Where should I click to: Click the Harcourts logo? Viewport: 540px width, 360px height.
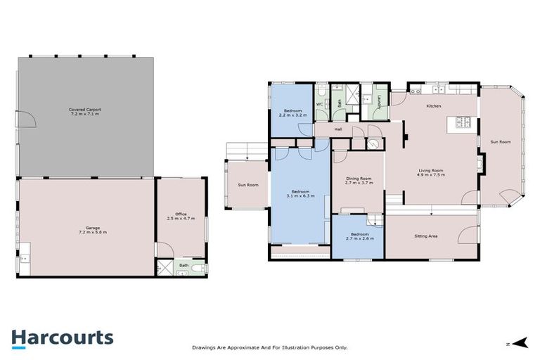(62, 337)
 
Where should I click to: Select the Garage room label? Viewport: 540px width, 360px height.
(92, 229)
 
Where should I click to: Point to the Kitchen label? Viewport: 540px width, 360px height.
(434, 106)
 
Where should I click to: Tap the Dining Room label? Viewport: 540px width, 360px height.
(359, 181)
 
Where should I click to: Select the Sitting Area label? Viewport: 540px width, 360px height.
(426, 236)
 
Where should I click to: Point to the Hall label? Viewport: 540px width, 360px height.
(338, 129)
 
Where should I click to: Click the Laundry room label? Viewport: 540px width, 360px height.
(379, 103)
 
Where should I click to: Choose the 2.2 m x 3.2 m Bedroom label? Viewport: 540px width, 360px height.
(292, 113)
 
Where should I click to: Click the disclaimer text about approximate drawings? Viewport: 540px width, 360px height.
(269, 347)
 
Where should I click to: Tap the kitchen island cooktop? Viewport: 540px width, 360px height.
(464, 124)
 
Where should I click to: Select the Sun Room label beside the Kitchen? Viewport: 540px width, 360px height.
(500, 142)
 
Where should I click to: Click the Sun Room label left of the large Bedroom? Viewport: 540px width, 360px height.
(247, 185)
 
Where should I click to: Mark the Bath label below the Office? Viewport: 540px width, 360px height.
(183, 265)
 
